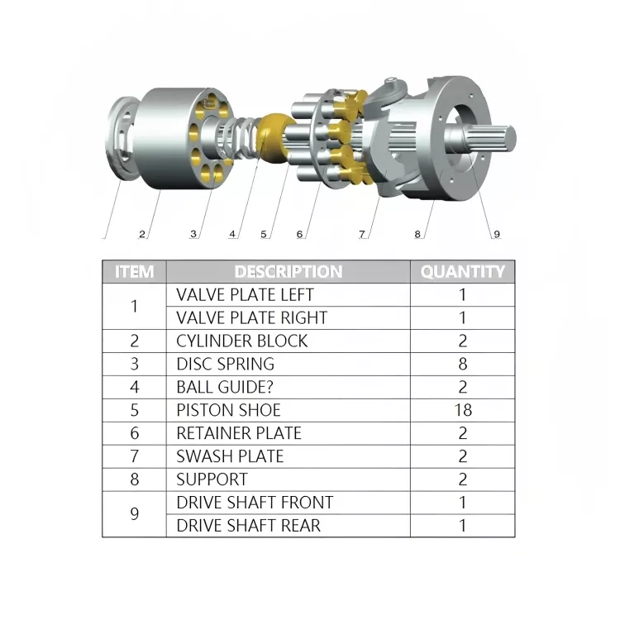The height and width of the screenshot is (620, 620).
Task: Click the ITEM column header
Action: click(134, 271)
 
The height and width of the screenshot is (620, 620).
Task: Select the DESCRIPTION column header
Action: click(288, 271)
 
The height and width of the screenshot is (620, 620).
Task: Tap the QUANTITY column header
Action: click(462, 271)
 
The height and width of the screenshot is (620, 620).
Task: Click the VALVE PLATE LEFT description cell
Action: click(245, 294)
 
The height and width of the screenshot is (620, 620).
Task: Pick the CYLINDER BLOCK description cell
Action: click(241, 341)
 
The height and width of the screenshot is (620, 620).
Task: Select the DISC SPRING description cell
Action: click(225, 364)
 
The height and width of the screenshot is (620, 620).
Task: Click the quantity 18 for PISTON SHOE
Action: click(462, 410)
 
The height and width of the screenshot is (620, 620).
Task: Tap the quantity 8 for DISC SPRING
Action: click(462, 364)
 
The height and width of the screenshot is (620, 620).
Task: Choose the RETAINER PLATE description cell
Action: click(239, 433)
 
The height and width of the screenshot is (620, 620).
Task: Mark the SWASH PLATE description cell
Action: click(230, 456)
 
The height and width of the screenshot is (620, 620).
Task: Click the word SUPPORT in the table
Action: click(212, 479)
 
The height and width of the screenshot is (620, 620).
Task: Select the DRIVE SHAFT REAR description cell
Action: click(248, 526)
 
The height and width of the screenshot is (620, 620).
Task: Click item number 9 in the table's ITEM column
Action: click(134, 514)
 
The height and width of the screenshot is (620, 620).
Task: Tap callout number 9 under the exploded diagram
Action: click(497, 234)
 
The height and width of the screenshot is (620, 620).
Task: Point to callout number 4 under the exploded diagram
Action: click(232, 234)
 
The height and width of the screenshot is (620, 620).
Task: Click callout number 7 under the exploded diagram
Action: click(361, 234)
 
